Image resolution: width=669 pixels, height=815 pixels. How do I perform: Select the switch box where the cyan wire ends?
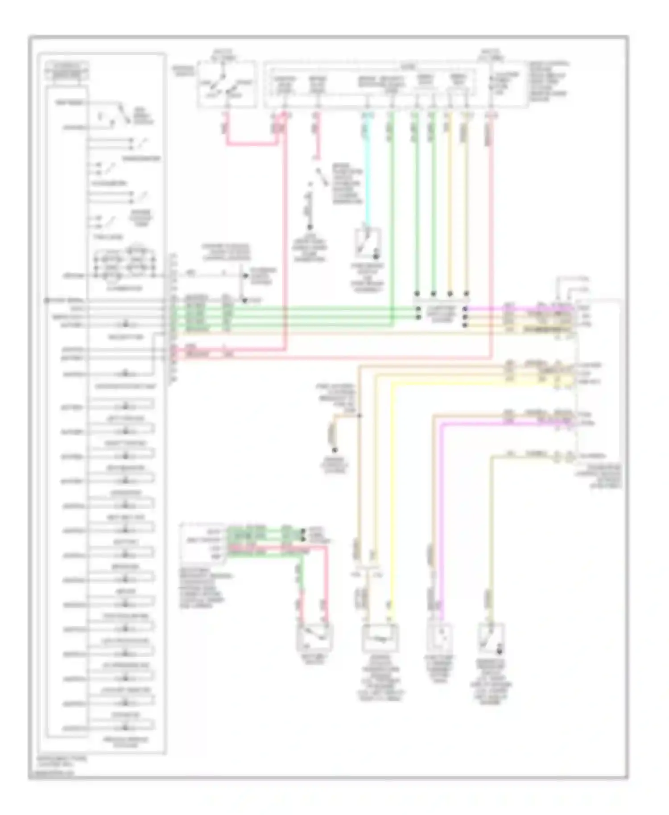coord(368,243)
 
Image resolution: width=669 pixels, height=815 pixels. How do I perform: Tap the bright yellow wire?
coord(392,490)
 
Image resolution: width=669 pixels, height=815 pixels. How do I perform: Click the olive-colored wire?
coord(491,535)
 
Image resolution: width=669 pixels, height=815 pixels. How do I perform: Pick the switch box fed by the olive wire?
coord(491,638)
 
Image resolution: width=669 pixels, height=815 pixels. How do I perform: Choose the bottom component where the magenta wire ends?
coord(441,638)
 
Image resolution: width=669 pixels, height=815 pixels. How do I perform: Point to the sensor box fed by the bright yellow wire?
coord(380,638)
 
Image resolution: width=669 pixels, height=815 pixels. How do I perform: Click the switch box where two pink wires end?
coord(315,638)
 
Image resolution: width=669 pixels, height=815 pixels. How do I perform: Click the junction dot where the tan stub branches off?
coord(359,416)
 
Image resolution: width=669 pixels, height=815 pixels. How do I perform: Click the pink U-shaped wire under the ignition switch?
coord(254,144)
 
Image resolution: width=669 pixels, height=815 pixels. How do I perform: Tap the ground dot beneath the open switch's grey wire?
coord(309,226)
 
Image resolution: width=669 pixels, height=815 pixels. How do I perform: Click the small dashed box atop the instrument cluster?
coord(67,71)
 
